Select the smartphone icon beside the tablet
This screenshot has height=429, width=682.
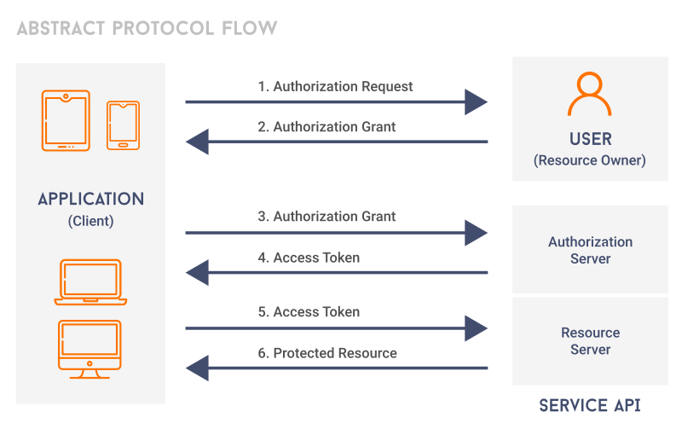coord(123,125)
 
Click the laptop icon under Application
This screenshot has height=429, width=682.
coord(90,282)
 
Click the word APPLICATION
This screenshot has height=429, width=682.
coord(90,200)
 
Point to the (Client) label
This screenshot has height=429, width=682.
coord(90,222)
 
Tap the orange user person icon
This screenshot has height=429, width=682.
coord(590,95)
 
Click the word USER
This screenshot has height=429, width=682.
coord(590,139)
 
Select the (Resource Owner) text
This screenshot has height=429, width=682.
coord(590,160)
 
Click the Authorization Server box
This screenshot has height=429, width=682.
coord(590,250)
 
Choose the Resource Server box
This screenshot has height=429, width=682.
coord(590,341)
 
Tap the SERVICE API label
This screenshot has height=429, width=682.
coord(590,405)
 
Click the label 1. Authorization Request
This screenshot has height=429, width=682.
coord(335,86)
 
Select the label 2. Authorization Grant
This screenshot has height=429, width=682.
coord(327,126)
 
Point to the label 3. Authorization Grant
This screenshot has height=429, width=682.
coord(327,217)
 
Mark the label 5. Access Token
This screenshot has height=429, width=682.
coord(309,312)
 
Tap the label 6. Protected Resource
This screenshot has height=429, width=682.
coord(327,353)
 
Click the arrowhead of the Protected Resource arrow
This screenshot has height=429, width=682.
coord(197,368)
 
